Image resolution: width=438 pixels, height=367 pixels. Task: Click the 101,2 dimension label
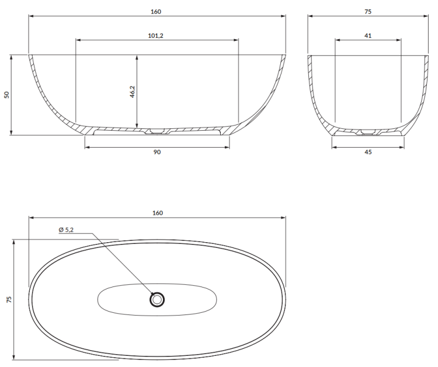[x=156, y=36]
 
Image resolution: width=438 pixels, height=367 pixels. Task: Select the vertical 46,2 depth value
[x=132, y=92]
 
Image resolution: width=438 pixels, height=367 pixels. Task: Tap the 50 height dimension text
[x=8, y=95]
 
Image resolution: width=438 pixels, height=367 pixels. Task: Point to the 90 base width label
[x=157, y=152]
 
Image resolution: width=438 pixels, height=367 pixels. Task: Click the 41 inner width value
[x=367, y=36]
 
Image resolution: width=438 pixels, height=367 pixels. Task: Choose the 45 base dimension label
[x=367, y=152]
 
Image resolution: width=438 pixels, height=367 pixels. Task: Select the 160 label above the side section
[x=156, y=11]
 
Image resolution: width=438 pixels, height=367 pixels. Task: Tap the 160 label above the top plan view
[x=157, y=213]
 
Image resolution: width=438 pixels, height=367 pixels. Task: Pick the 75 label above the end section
[x=367, y=11]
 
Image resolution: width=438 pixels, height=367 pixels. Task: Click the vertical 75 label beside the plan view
[x=9, y=299]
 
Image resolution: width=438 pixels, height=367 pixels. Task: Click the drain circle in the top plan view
[x=157, y=300]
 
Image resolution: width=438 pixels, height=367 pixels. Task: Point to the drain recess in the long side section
[x=157, y=131]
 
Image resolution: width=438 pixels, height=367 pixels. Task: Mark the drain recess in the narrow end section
[x=367, y=131]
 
